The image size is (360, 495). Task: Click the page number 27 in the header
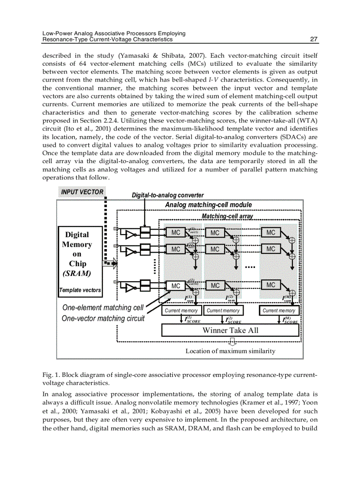pos(314,39)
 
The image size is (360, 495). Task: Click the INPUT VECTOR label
pos(82,192)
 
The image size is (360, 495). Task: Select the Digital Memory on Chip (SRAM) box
pos(80,254)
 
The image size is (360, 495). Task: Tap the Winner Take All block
pos(230,330)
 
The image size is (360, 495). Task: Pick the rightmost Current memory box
pos(279,311)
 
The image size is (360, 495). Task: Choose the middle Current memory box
pos(223,311)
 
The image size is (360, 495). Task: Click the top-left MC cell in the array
pos(176,232)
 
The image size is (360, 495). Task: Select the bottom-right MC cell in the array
pos(270,285)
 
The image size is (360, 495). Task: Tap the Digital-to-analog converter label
pos(168,195)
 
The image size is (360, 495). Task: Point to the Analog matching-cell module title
pos(208,205)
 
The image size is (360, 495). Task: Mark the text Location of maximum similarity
pos(230,351)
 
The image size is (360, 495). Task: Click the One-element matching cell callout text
pos(103,308)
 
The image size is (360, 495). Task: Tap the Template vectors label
pos(80,290)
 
